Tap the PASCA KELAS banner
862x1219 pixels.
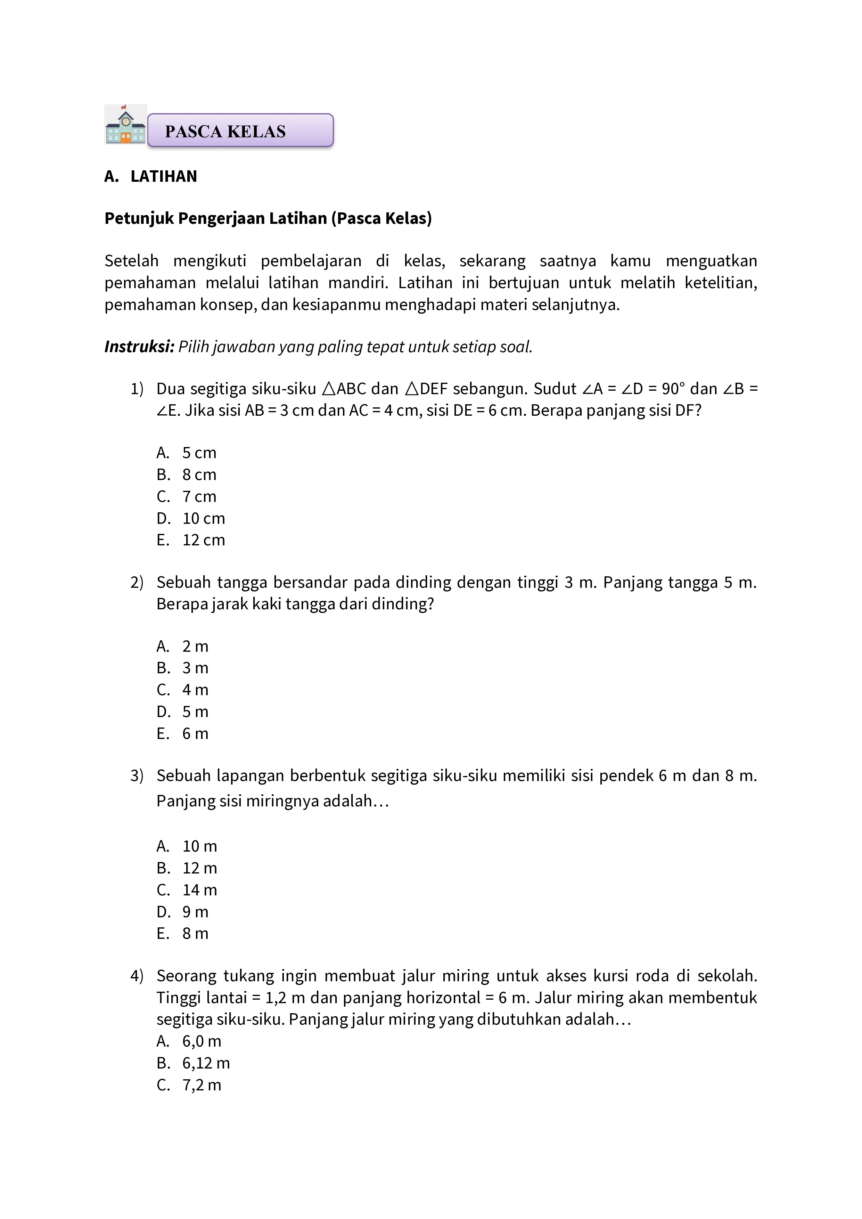240,131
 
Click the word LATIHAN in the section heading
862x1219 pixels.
164,176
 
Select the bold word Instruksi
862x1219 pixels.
139,347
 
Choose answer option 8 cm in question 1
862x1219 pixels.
199,475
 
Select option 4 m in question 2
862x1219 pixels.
195,690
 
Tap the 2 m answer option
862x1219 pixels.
195,646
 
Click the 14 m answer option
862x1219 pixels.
199,890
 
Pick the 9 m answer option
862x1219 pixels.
195,912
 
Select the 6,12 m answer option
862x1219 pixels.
206,1063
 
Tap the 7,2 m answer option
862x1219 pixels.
202,1085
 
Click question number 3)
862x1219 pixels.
137,776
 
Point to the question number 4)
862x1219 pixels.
137,976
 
